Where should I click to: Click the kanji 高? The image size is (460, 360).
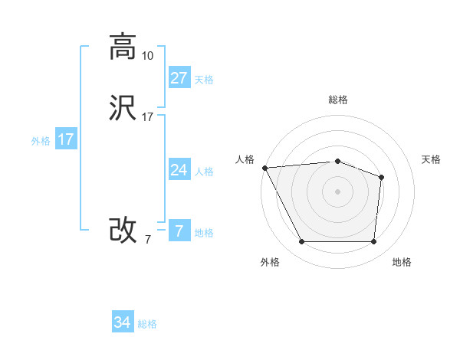pyautogui.click(x=123, y=47)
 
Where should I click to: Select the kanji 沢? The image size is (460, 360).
pyautogui.click(x=123, y=108)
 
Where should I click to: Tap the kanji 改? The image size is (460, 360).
pyautogui.click(x=123, y=230)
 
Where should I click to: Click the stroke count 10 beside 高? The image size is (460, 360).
pyautogui.click(x=147, y=56)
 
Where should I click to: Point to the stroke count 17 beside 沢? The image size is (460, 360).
pyautogui.click(x=147, y=117)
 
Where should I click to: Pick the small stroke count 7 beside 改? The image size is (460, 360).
pyautogui.click(x=147, y=240)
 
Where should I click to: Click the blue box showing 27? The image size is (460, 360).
pyautogui.click(x=179, y=78)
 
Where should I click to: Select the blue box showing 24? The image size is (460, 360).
pyautogui.click(x=179, y=170)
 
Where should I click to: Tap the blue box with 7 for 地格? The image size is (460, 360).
pyautogui.click(x=179, y=231)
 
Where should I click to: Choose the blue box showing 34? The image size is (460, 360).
pyautogui.click(x=123, y=322)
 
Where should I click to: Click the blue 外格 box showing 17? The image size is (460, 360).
pyautogui.click(x=65, y=139)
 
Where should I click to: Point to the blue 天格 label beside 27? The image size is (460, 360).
pyautogui.click(x=204, y=80)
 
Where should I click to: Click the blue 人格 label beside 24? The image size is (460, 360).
pyautogui.click(x=204, y=172)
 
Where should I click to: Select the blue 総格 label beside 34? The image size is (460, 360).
pyautogui.click(x=147, y=324)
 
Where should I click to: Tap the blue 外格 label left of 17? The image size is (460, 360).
pyautogui.click(x=41, y=141)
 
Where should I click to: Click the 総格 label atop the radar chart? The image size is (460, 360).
pyautogui.click(x=337, y=100)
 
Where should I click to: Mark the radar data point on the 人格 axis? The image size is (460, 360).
pyautogui.click(x=264, y=168)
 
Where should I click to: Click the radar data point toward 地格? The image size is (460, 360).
pyautogui.click(x=373, y=242)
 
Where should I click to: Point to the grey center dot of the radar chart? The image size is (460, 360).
pyautogui.click(x=337, y=191)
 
